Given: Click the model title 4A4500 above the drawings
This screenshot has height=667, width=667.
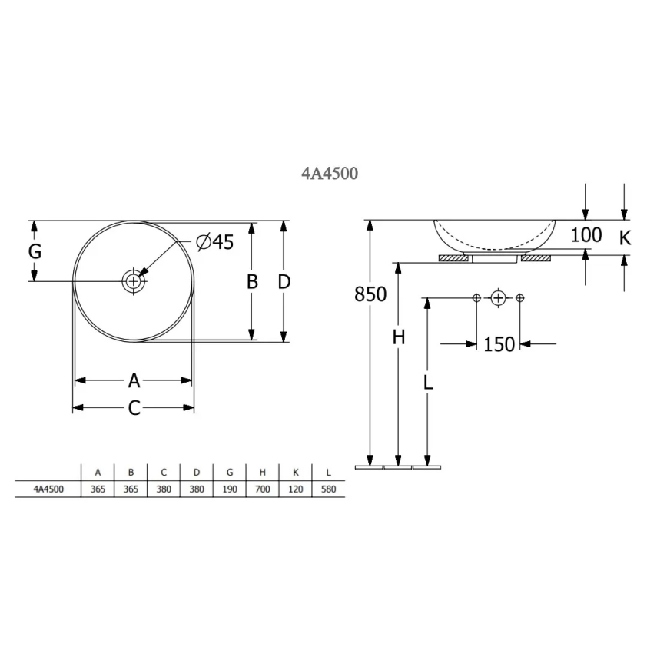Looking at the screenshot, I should (329, 174).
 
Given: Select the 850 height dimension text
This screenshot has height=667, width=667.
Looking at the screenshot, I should (370, 294).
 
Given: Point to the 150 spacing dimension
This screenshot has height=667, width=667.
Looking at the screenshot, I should (499, 344).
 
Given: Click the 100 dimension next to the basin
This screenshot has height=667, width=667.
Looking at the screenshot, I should (586, 235).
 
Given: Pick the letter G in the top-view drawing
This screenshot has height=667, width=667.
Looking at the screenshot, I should (35, 251).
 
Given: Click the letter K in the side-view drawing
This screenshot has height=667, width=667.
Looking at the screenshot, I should (625, 238).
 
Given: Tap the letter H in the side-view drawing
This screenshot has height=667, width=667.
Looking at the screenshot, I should (398, 337).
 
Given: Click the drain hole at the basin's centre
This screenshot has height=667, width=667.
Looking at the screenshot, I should (134, 281).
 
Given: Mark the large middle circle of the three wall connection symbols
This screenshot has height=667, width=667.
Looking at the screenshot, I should (498, 297).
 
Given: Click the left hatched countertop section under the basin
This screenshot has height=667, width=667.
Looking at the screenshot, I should (453, 258).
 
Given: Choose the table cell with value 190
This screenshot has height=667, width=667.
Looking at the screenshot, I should (230, 489).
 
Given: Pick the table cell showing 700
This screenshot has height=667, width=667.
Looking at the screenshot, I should (263, 489).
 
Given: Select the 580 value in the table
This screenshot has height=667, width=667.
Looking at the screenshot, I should (328, 489).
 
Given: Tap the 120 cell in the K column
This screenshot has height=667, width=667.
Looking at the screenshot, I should (296, 489).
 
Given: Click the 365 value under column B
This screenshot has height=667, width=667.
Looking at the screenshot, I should (131, 489).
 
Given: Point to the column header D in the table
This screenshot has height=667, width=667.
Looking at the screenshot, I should (197, 473).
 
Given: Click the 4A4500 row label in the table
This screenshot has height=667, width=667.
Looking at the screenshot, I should (48, 489).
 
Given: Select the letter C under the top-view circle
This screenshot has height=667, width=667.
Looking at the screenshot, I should (134, 409).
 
